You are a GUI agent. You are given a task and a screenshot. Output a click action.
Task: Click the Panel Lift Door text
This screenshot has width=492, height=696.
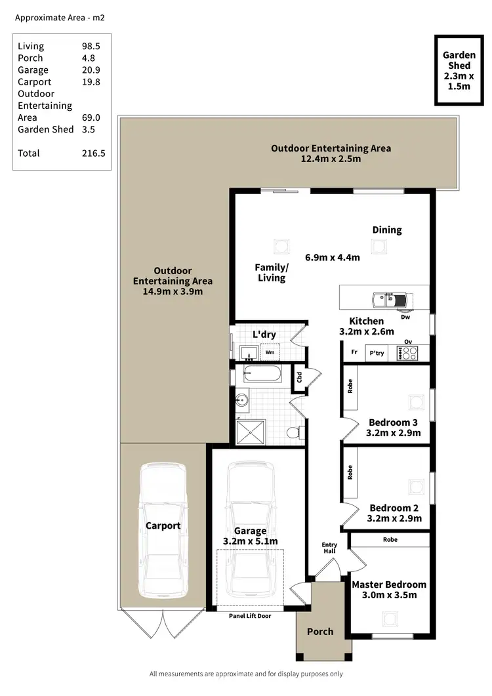(249, 616)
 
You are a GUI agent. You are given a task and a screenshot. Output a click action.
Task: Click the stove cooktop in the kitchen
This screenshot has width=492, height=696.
(407, 353)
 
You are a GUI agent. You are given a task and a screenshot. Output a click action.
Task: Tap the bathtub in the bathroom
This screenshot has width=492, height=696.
(262, 375)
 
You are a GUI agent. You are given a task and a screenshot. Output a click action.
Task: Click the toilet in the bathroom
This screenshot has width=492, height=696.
(297, 432)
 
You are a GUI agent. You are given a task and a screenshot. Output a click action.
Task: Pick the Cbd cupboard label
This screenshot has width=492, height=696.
(299, 378)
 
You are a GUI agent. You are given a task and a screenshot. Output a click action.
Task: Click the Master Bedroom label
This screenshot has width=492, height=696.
(389, 584)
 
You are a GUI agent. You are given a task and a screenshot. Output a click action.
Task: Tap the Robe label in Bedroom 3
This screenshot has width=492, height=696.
(350, 386)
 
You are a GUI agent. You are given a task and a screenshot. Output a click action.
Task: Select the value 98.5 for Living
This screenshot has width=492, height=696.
(88, 46)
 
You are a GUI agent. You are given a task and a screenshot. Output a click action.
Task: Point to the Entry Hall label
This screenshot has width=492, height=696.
(329, 548)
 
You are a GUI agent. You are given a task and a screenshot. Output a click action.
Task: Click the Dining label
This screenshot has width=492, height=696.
(387, 230)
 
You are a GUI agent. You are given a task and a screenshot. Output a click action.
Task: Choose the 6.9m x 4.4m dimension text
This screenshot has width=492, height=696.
(333, 257)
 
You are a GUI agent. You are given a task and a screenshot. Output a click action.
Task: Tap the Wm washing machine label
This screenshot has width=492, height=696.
(270, 352)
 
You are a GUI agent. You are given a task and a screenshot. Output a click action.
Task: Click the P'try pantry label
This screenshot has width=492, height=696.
(377, 353)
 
